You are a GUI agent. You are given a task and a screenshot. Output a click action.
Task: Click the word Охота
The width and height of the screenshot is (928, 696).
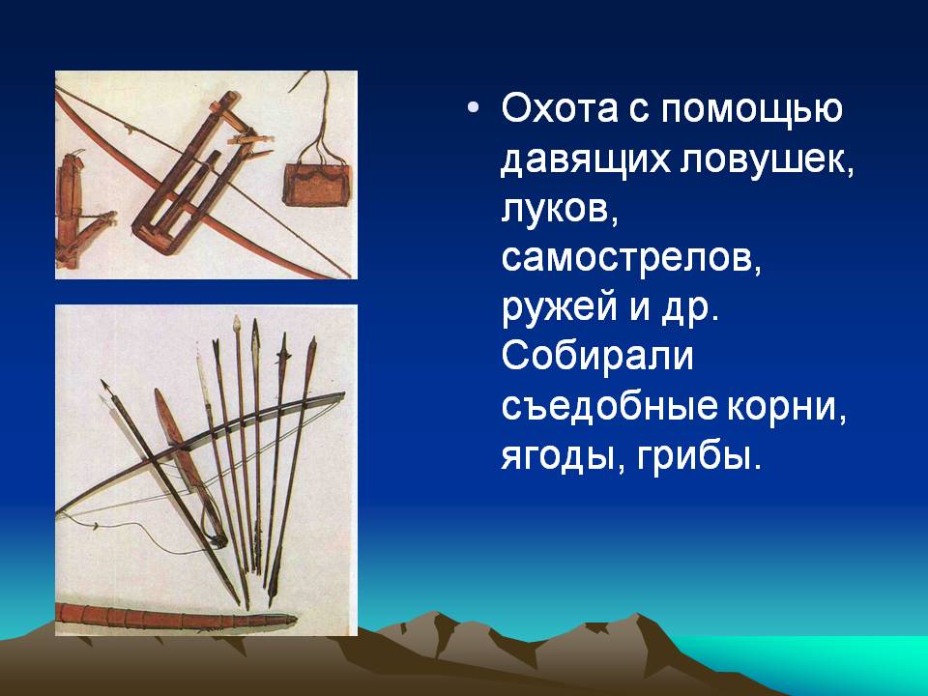[x=560, y=108]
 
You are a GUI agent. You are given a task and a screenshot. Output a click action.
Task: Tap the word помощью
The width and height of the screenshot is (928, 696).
[x=751, y=109]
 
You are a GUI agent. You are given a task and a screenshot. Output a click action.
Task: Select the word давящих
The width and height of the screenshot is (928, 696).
[x=586, y=159]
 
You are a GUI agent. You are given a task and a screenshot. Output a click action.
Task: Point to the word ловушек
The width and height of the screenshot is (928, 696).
[x=768, y=159]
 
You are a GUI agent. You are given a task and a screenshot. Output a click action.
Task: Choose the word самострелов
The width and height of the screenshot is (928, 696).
[x=631, y=259]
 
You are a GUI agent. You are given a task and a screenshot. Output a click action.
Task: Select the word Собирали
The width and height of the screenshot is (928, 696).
[x=597, y=357]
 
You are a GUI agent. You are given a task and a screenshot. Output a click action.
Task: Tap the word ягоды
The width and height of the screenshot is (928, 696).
[x=563, y=457]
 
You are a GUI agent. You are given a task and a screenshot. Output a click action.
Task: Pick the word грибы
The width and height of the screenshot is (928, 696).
[x=697, y=457]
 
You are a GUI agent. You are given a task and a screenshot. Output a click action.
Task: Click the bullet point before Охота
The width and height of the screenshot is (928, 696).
[x=472, y=109]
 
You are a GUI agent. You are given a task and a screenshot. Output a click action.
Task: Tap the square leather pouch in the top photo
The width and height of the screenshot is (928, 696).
[x=317, y=185]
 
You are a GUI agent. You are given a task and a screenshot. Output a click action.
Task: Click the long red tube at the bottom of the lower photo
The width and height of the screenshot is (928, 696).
[x=176, y=619]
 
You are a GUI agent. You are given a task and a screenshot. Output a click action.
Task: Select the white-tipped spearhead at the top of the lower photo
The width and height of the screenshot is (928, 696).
[x=237, y=325]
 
